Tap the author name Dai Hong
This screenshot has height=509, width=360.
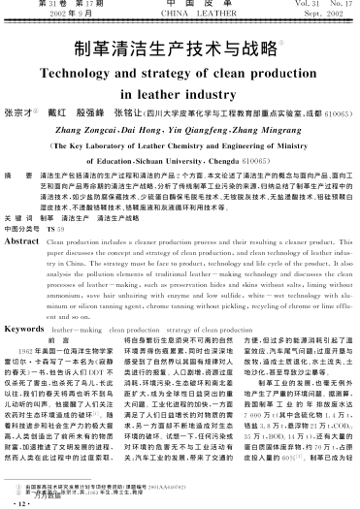pos(161,126)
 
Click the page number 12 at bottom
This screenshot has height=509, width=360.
pos(19,502)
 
